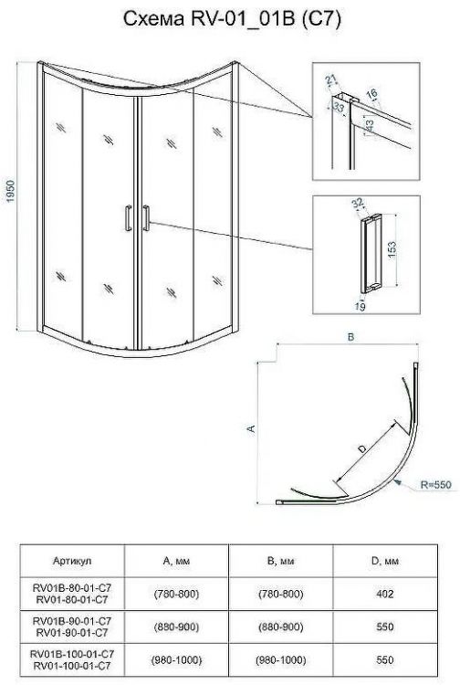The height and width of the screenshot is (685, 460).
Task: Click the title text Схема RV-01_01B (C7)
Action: click(x=232, y=19)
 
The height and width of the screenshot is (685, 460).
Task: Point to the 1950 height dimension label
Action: click(x=10, y=191)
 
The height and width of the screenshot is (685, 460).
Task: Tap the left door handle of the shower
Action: click(x=129, y=217)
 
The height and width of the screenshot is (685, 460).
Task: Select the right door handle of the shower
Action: click(x=146, y=217)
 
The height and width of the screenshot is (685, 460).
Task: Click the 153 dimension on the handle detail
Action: click(x=392, y=250)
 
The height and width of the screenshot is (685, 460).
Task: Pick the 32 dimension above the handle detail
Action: click(x=358, y=203)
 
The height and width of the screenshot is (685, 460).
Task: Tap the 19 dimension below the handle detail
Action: click(x=360, y=307)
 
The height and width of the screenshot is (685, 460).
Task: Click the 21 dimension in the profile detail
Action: click(x=331, y=79)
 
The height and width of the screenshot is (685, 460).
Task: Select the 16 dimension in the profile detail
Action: click(x=371, y=93)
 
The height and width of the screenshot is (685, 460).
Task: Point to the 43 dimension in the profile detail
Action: click(x=370, y=126)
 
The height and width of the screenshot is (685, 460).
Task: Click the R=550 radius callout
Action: click(x=435, y=484)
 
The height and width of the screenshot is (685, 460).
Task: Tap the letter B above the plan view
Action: click(x=350, y=337)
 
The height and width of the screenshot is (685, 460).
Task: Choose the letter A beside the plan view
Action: click(x=251, y=428)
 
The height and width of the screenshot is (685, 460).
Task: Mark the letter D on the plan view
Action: click(x=361, y=448)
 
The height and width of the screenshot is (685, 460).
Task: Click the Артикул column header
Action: click(x=72, y=561)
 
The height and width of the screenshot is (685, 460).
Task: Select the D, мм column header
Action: click(x=385, y=561)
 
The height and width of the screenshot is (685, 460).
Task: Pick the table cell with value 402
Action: click(x=385, y=594)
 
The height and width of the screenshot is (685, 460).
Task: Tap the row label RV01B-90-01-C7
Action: click(x=72, y=621)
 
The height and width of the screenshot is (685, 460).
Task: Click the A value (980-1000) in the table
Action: click(x=176, y=659)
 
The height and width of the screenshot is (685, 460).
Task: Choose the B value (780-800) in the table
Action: click(x=280, y=594)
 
